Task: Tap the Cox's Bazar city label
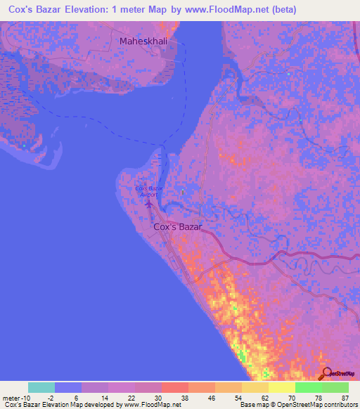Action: [177, 227]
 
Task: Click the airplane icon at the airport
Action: [148, 204]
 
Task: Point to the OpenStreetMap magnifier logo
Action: [327, 374]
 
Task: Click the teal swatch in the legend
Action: [41, 387]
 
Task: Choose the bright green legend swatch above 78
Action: [309, 387]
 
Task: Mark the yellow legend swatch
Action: [282, 387]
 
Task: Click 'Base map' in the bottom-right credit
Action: [251, 404]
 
